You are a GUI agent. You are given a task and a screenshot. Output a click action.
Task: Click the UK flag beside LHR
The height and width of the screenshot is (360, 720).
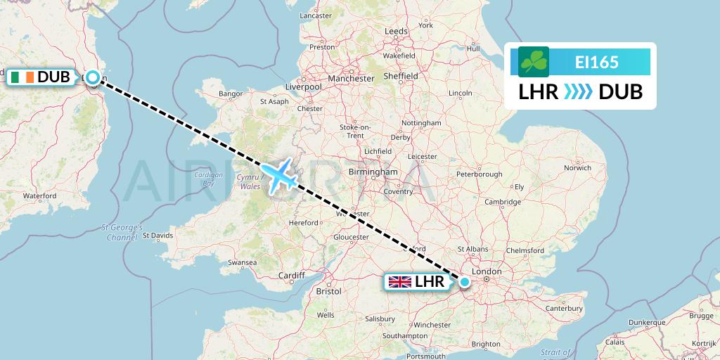(400, 282)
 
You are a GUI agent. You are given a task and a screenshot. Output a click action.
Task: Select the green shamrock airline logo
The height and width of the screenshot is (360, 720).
(534, 62)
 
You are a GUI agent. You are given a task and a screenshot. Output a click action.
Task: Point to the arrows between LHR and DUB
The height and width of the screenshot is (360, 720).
(579, 92)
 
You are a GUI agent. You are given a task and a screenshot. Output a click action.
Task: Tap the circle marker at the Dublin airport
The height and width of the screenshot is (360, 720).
(93, 78)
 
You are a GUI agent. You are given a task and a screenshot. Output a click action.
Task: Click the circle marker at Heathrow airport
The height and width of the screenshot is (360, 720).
(464, 282)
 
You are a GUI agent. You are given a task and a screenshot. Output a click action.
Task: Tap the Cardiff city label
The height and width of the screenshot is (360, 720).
(292, 275)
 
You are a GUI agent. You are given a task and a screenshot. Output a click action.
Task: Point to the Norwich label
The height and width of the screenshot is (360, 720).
(577, 167)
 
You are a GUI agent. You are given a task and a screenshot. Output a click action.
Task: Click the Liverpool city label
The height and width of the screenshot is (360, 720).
(303, 86)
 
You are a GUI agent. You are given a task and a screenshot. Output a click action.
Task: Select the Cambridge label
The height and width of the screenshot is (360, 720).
(502, 202)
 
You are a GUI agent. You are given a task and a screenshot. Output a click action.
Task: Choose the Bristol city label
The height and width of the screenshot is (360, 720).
(328, 290)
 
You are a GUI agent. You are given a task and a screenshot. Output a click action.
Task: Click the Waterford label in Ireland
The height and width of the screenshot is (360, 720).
(40, 195)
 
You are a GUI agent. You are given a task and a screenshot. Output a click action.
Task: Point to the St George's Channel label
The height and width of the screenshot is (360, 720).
(122, 233)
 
